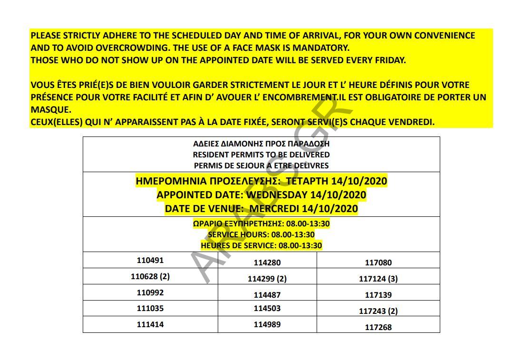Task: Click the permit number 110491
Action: [x=150, y=260]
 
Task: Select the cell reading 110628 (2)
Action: [x=150, y=276]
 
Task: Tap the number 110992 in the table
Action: [x=150, y=292]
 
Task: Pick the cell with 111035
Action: [x=150, y=308]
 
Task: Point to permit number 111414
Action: [x=150, y=324]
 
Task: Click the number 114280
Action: [x=267, y=263]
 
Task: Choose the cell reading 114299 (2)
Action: [x=267, y=279]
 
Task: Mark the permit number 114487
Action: [x=267, y=295]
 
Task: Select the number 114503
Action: [x=267, y=308]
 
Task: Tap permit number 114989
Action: [x=267, y=324]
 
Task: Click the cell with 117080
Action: [x=378, y=263]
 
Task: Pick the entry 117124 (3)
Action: [x=378, y=279]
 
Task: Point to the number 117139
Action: [x=378, y=295]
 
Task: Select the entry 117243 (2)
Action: [x=378, y=311]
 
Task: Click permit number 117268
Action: [x=378, y=327]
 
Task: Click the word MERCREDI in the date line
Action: [x=274, y=209]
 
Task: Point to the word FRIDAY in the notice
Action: [x=390, y=60]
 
